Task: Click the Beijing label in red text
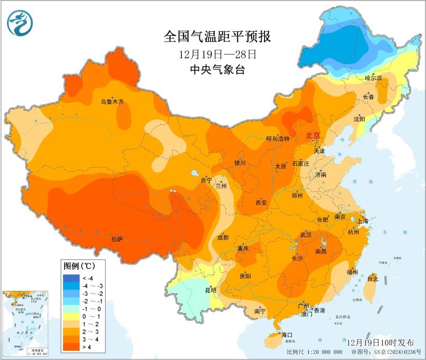click(x=313, y=136)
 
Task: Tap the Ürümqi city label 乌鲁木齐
click(x=112, y=102)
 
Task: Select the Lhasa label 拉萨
click(x=117, y=238)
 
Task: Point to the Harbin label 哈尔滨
click(x=374, y=78)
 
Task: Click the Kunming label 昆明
click(x=211, y=290)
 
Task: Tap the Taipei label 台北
click(x=373, y=279)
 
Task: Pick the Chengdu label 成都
click(x=222, y=237)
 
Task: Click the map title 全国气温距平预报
click(x=217, y=37)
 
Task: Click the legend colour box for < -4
click(x=70, y=278)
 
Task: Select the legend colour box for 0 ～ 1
click(x=70, y=317)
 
